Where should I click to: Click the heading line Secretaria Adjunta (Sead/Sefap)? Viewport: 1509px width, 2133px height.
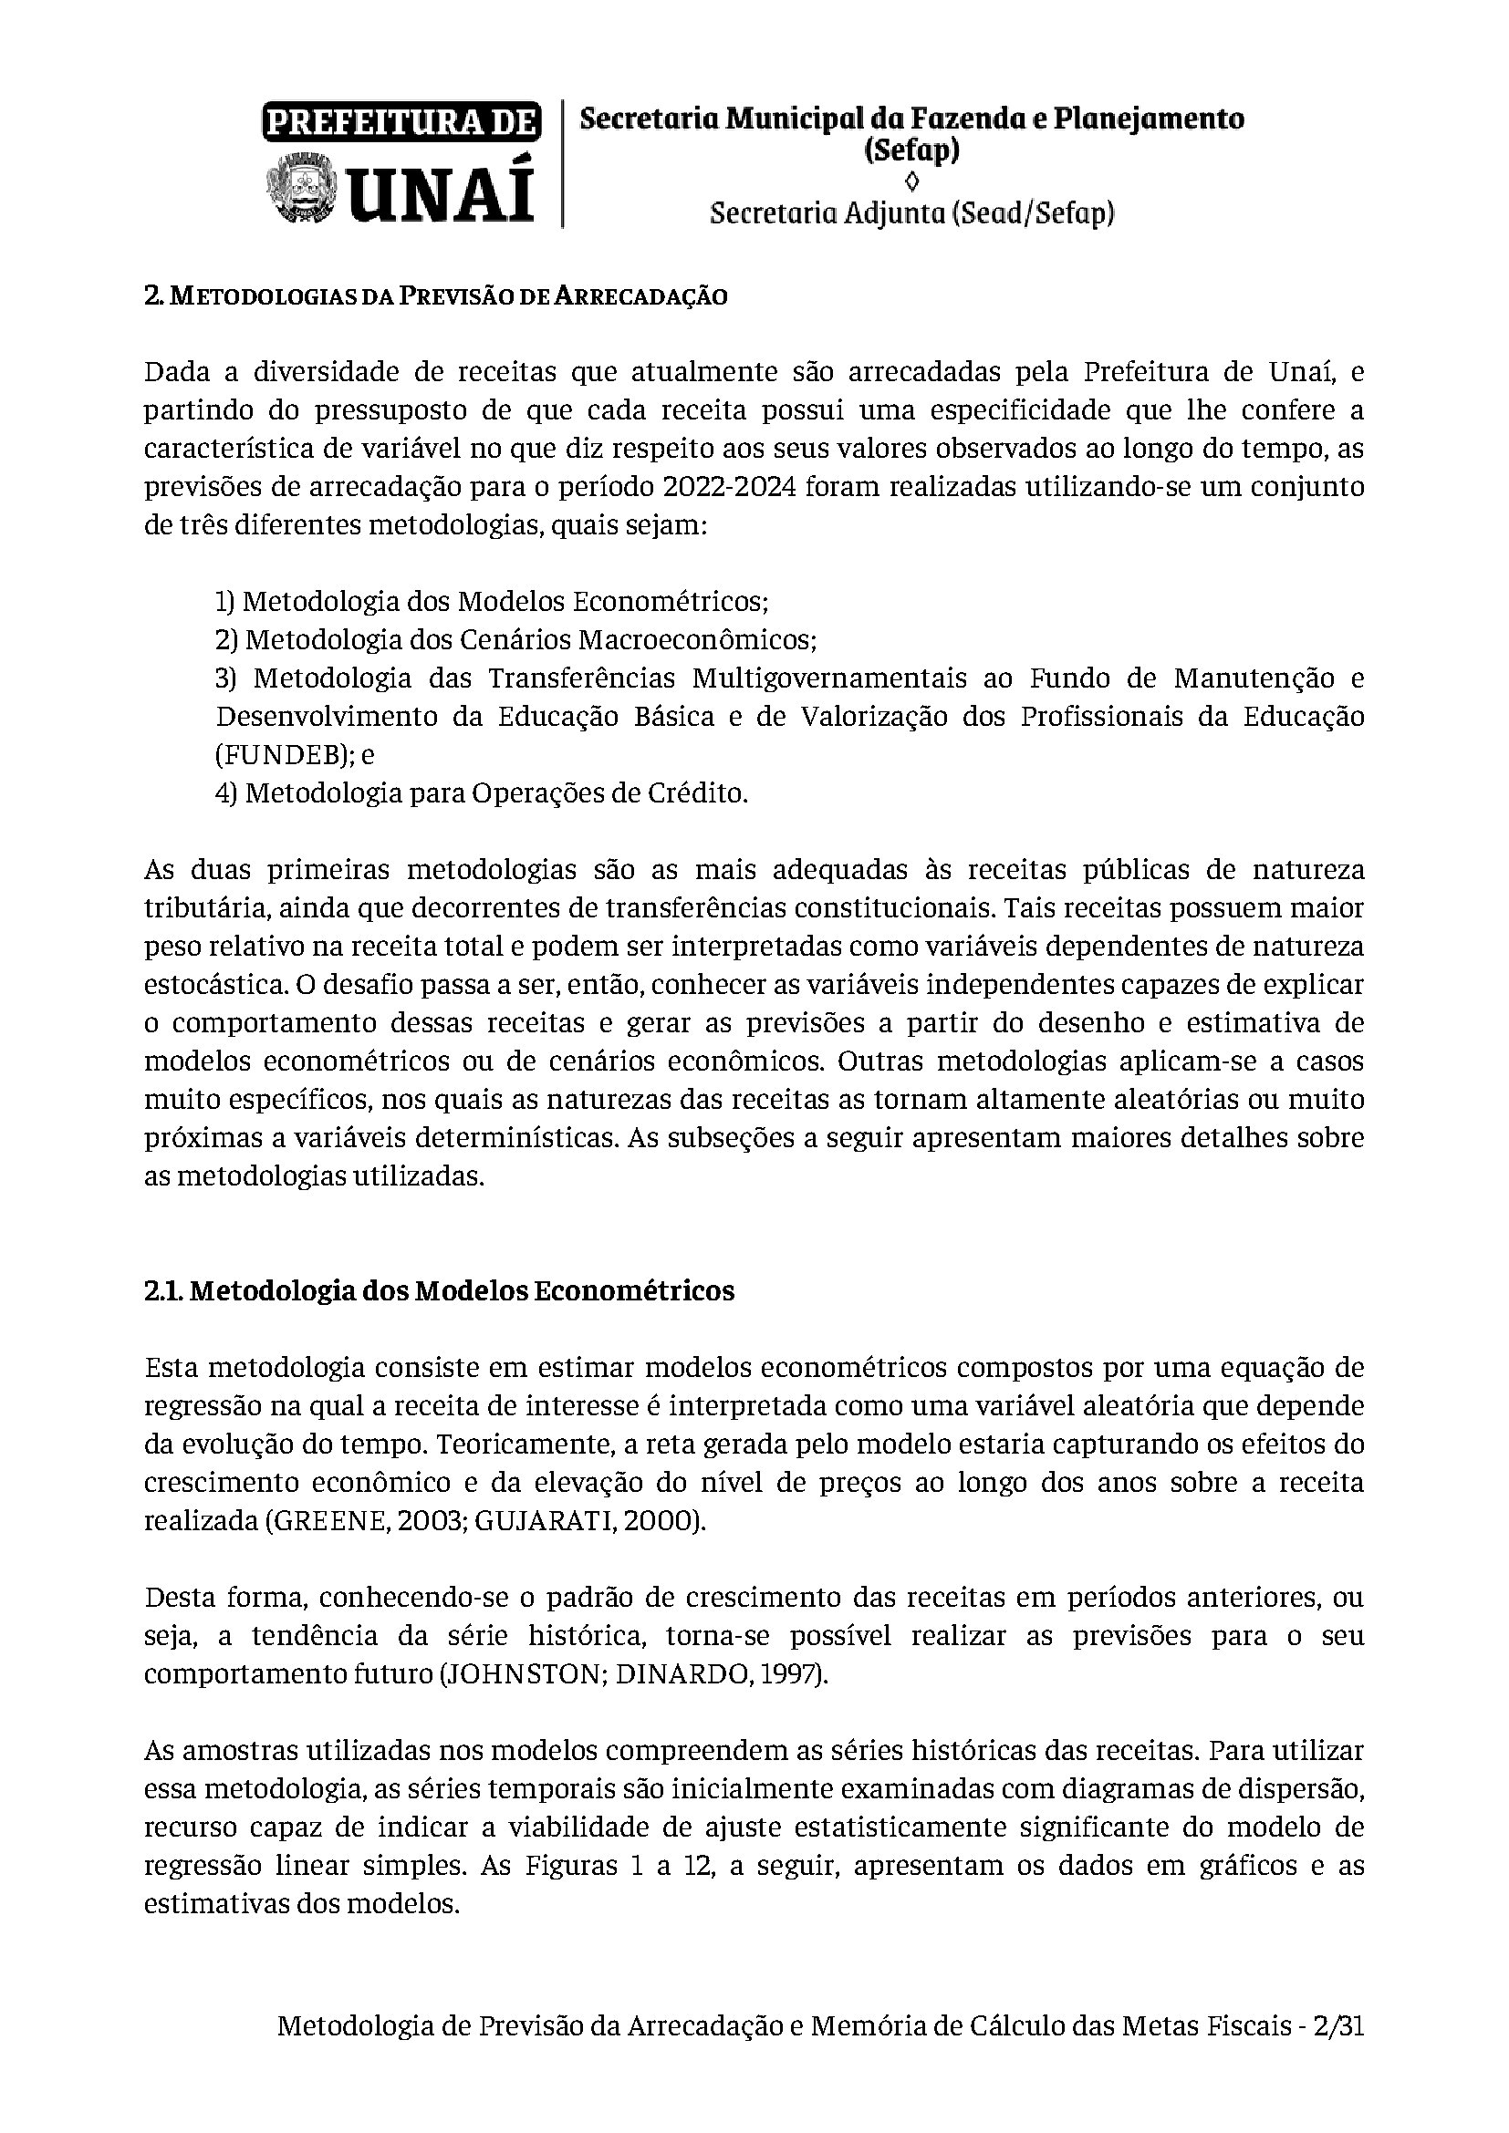click(911, 213)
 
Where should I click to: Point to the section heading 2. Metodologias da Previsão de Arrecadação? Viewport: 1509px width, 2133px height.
click(436, 296)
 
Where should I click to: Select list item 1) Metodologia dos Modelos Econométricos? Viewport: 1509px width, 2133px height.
click(492, 602)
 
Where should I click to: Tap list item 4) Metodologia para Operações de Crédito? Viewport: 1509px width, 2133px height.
click(482, 793)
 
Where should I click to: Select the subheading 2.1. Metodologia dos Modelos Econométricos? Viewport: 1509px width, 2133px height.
click(440, 1291)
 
